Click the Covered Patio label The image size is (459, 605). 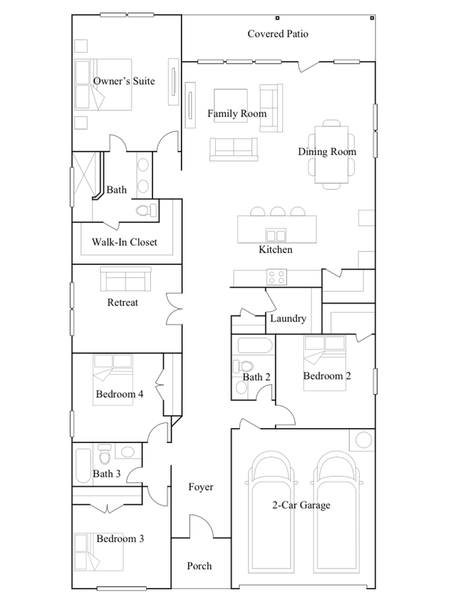tap(278, 34)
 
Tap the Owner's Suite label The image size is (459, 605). tap(124, 81)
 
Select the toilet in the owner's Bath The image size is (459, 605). tap(146, 210)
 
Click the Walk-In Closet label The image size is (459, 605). tap(124, 242)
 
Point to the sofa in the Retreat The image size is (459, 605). tap(125, 279)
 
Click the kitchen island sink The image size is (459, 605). tap(276, 235)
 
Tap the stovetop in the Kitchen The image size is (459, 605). tap(276, 277)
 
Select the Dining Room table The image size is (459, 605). tap(331, 154)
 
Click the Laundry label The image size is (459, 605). tap(288, 318)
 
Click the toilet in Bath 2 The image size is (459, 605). tap(243, 366)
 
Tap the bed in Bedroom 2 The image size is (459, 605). tap(325, 363)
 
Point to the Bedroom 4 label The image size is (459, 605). tap(120, 394)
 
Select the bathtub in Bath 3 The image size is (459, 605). tap(83, 466)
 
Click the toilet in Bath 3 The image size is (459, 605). tap(105, 454)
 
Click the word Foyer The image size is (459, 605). tap(200, 487)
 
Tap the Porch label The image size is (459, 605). tap(199, 566)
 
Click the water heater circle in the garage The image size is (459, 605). tap(363, 440)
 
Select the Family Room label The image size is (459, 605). tap(237, 113)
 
